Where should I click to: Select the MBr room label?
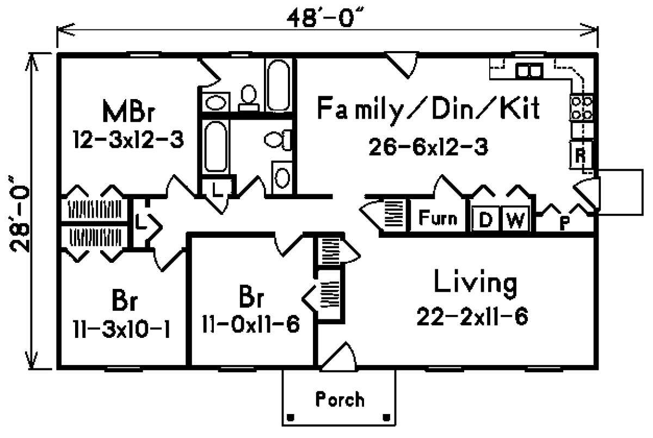click(x=129, y=112)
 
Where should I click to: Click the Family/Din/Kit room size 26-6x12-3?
click(x=428, y=146)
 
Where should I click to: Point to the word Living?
click(x=475, y=283)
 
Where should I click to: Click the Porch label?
click(x=340, y=400)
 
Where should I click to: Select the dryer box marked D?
click(x=485, y=220)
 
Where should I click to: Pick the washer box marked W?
click(x=515, y=220)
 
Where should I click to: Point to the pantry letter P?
click(x=565, y=224)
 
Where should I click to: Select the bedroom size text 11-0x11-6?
click(x=251, y=325)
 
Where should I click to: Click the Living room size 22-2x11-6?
click(x=472, y=316)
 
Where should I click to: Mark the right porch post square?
click(x=387, y=418)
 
